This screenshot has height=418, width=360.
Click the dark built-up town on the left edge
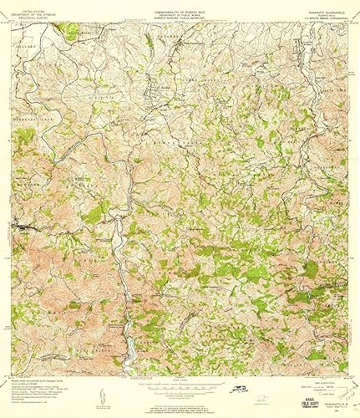pos(23,227)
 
